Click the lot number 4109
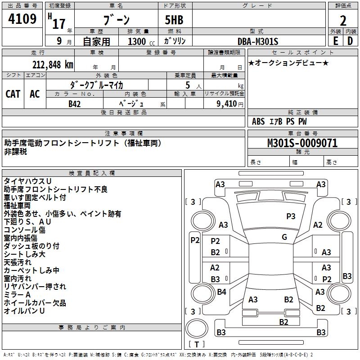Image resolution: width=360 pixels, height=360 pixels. pos(22,19)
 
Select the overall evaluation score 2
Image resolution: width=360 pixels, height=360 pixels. pos(343,20)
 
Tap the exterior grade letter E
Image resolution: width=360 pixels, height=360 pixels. pos(335,41)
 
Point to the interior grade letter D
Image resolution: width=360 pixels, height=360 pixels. pos(350,41)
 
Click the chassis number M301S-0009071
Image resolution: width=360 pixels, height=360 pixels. pos(302,143)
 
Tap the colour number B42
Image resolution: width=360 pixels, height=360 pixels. pos(75,104)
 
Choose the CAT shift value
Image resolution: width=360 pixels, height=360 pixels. pos(13,94)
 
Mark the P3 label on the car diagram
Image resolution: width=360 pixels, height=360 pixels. pos(291,216)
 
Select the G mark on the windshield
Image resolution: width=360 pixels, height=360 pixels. pos(284,237)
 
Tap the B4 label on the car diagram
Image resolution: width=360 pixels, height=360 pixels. pos(221,292)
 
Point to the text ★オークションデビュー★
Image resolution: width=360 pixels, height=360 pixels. pos(288,63)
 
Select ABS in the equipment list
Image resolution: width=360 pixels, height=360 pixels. pos(258,121)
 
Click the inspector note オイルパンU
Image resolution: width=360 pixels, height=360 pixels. pos(24,311)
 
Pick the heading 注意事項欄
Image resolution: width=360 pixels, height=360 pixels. pos(124,134)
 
